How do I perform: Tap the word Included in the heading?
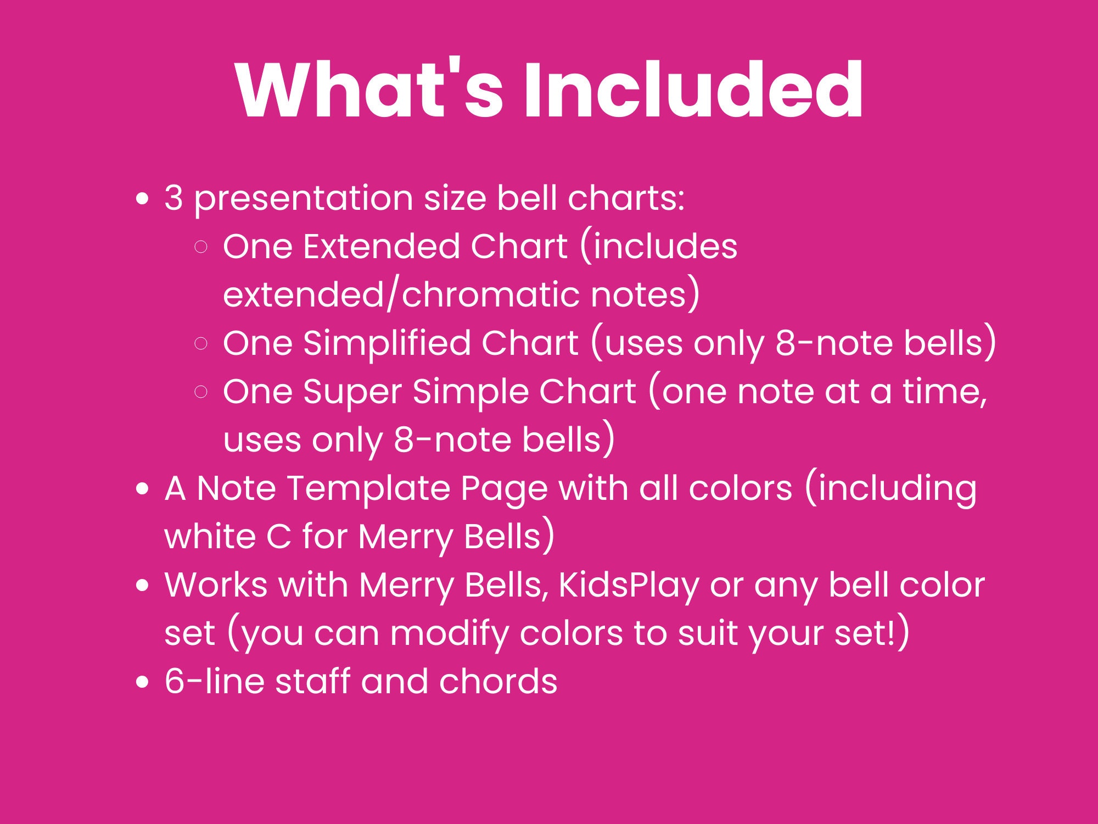click(x=693, y=91)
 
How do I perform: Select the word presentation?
click(x=304, y=199)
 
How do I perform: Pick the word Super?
click(x=352, y=392)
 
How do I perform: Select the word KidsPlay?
click(x=628, y=586)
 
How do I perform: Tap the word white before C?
click(x=210, y=537)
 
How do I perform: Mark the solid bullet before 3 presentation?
click(x=143, y=199)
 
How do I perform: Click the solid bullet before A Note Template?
click(x=143, y=489)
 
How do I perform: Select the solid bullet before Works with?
click(x=143, y=586)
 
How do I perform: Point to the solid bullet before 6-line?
click(x=143, y=682)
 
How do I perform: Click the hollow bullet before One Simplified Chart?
click(x=201, y=344)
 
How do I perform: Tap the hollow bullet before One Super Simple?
click(x=201, y=392)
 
